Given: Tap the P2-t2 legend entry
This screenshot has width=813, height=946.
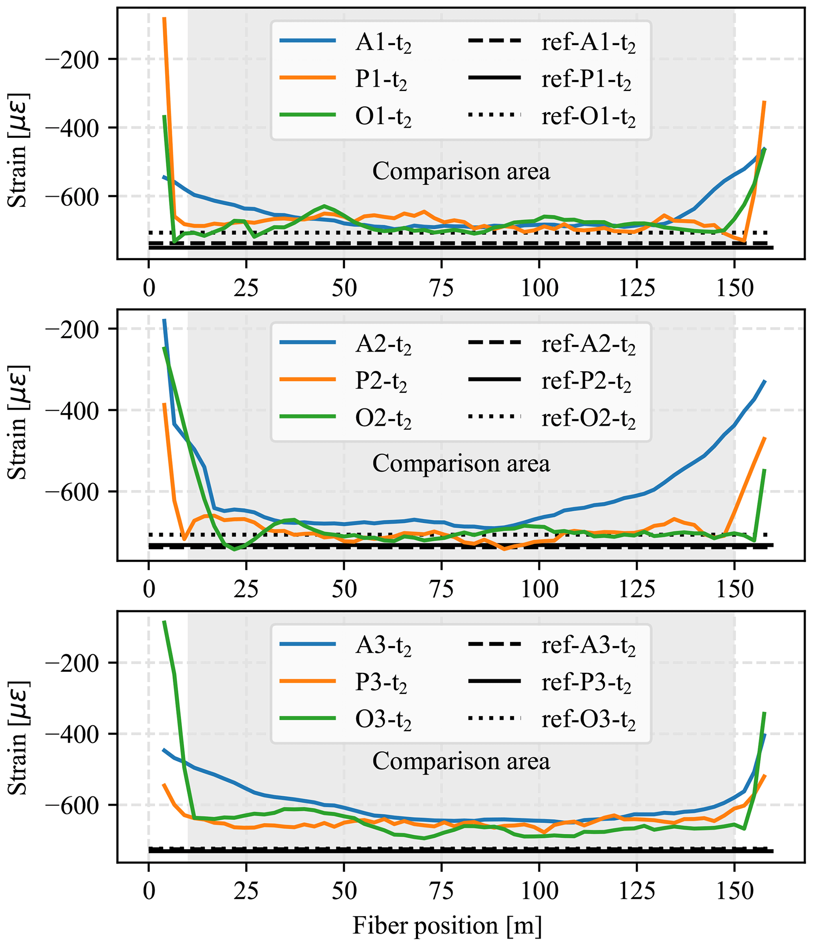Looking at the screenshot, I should coord(381,381).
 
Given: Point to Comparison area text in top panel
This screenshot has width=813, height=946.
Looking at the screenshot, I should coord(461,171).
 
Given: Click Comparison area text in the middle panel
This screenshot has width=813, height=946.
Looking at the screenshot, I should coord(461,463).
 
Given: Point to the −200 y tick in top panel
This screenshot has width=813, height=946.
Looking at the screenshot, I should coord(73,60).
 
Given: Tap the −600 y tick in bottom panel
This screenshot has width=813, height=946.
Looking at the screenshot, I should coord(73,805).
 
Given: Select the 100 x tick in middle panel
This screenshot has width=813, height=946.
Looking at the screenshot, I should coord(539,589).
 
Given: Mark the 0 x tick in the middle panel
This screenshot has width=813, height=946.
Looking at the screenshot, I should coord(149,589).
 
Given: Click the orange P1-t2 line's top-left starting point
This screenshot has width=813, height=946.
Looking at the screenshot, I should coord(164,18).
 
